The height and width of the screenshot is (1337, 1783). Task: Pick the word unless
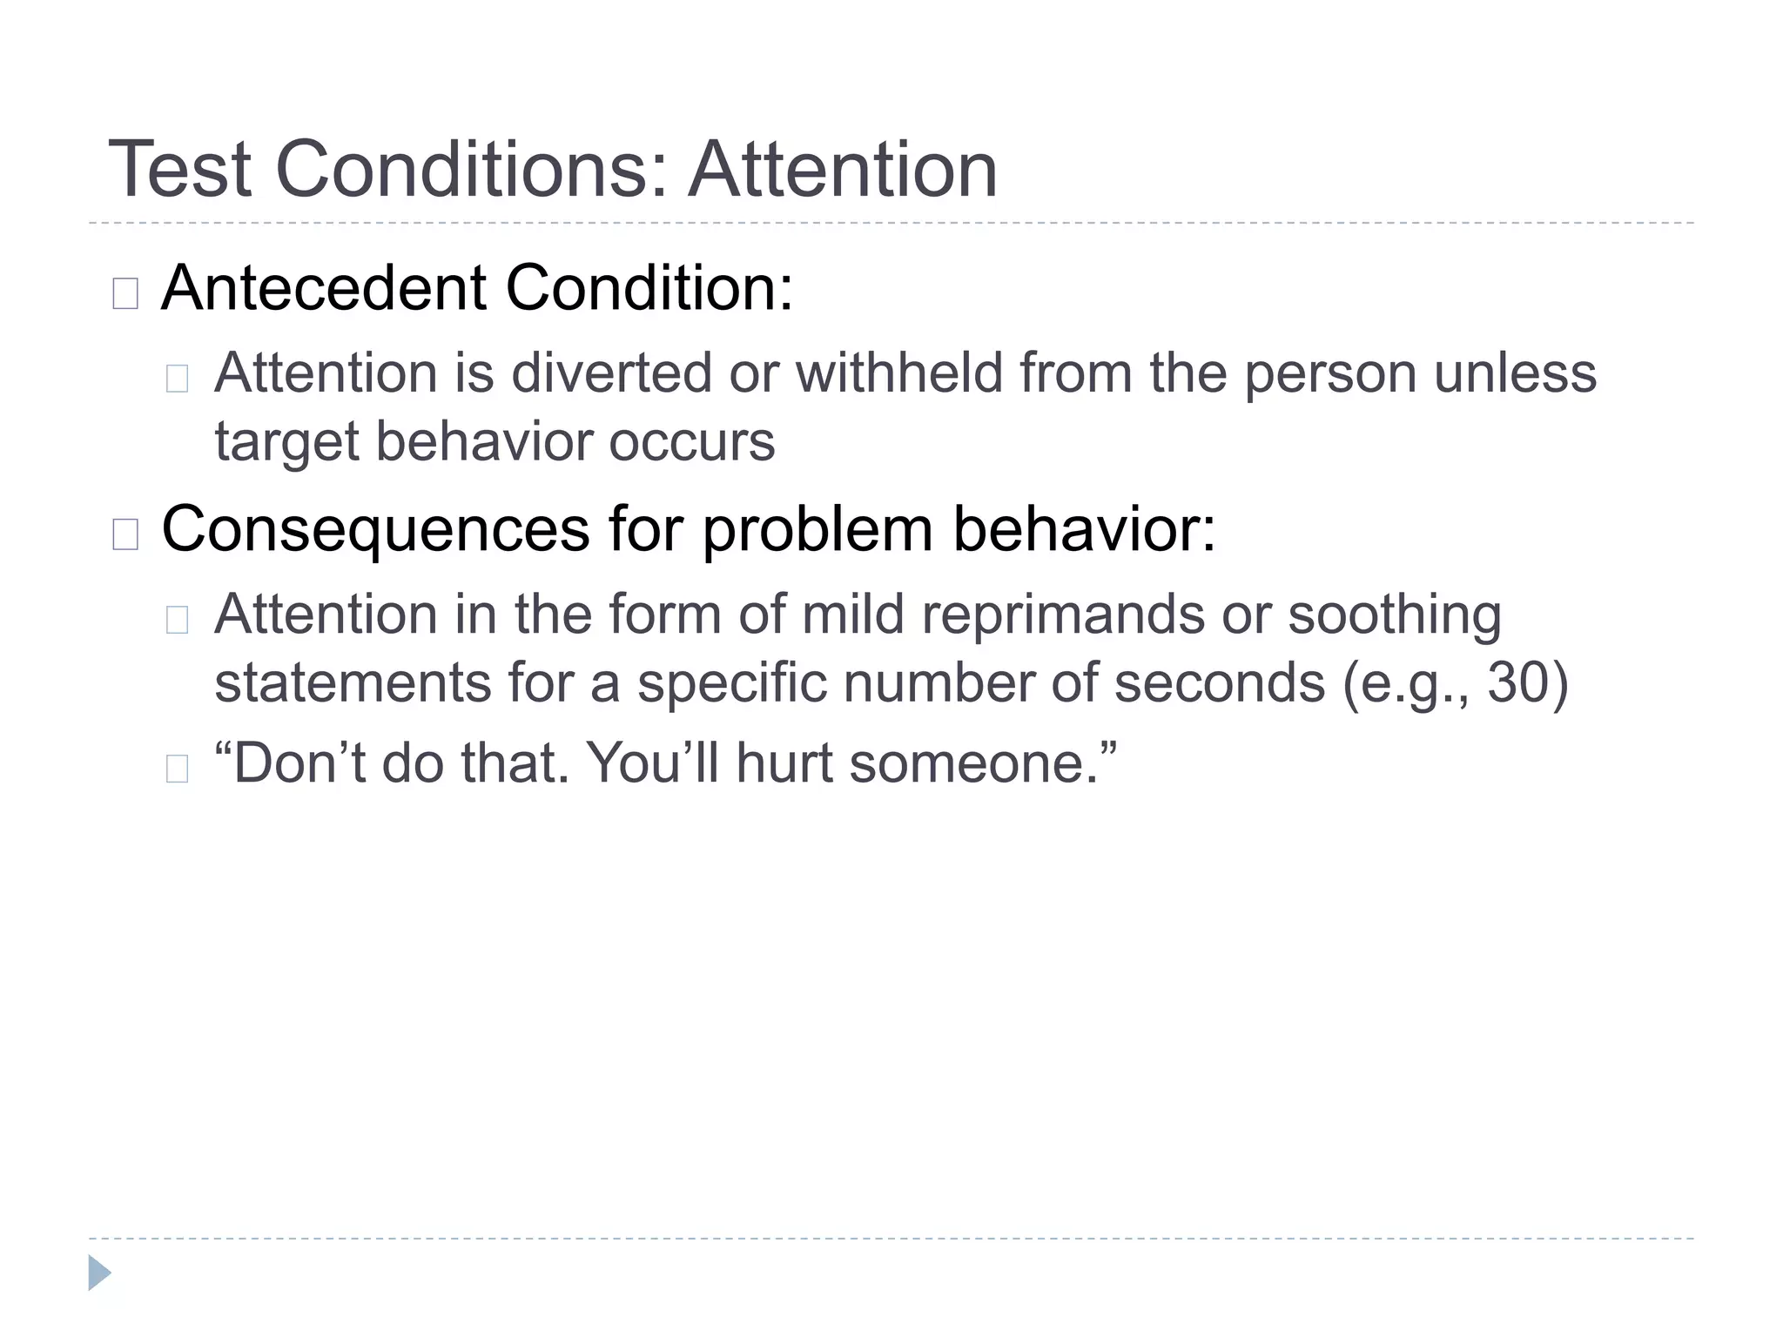click(x=1515, y=373)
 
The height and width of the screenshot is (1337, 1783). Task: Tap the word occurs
click(x=691, y=442)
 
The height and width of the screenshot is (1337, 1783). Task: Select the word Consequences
click(x=376, y=529)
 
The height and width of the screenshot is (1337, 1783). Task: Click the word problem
click(x=817, y=529)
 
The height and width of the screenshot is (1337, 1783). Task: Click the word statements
click(x=353, y=682)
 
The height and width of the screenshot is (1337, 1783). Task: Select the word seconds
click(x=1220, y=682)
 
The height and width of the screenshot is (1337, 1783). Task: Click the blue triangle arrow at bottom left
click(x=99, y=1273)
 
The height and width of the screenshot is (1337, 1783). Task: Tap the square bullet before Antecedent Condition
click(x=125, y=293)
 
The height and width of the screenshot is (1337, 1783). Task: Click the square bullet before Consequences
click(x=125, y=534)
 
